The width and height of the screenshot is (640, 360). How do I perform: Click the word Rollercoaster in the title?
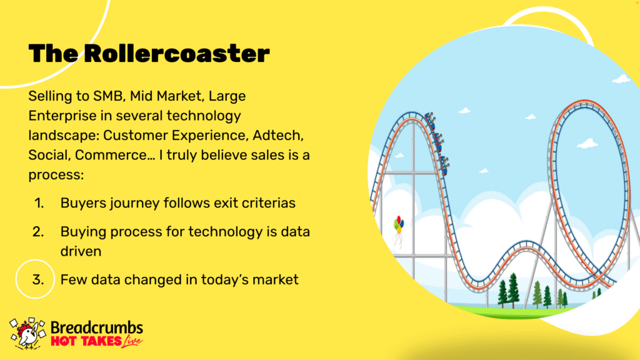[177, 53]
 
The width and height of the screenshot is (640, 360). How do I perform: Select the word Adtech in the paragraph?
[278, 136]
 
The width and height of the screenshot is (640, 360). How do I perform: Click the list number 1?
[39, 203]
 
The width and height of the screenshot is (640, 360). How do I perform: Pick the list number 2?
[38, 232]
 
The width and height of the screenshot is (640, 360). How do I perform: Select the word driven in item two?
[81, 251]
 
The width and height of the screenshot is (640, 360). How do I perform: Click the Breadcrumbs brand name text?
[97, 327]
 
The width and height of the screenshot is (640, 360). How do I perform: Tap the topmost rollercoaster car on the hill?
[430, 119]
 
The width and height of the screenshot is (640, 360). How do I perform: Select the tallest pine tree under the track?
[514, 290]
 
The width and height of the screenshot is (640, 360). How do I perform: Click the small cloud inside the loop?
[587, 144]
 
